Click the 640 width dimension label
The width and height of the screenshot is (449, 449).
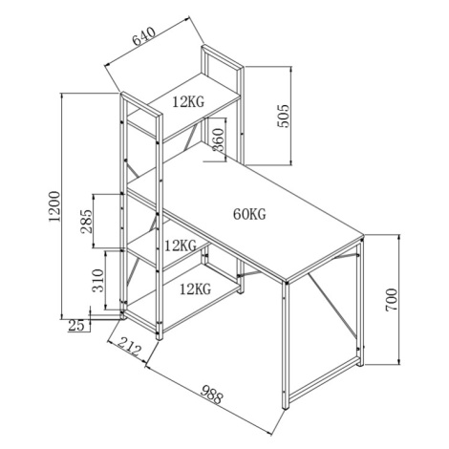click(144, 36)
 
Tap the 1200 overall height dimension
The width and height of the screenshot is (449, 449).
click(54, 206)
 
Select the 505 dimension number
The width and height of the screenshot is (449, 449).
click(283, 116)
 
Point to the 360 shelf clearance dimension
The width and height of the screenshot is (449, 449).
click(219, 139)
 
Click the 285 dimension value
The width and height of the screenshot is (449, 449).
click(86, 222)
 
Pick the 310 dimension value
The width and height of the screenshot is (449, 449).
click(98, 281)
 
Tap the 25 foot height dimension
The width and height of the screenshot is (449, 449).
click(76, 325)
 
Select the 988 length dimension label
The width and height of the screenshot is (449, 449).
click(212, 395)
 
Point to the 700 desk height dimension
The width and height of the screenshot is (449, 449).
click(392, 300)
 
